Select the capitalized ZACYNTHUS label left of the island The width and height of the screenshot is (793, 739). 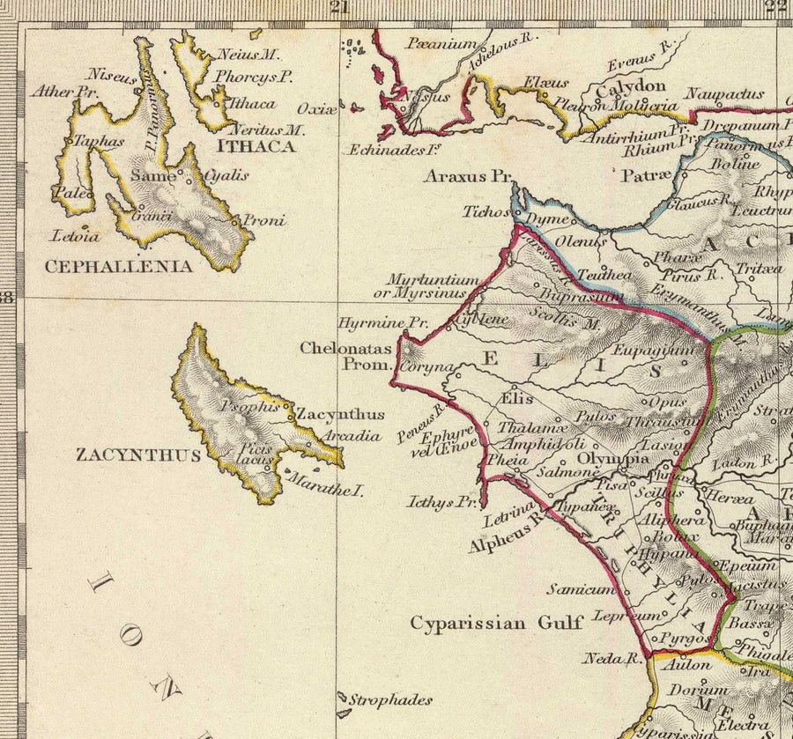(138, 455)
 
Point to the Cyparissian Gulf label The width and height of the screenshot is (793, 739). (496, 623)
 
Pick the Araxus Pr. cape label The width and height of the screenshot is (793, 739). (467, 176)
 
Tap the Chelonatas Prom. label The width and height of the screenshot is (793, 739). (345, 356)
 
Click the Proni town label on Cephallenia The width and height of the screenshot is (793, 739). (264, 220)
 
